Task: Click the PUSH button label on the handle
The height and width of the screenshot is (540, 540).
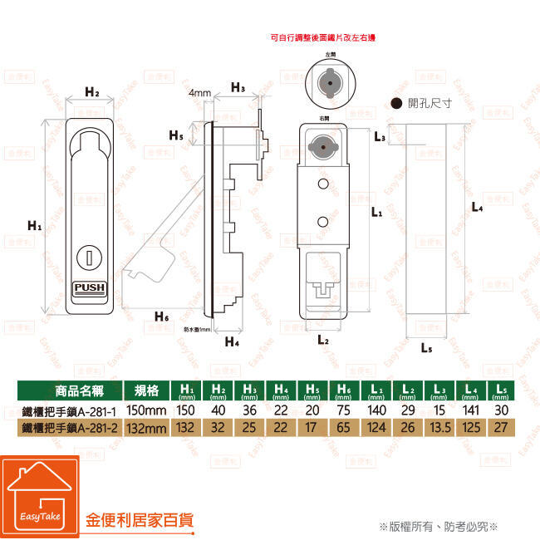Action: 90,288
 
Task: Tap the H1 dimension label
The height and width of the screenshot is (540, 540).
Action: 34,225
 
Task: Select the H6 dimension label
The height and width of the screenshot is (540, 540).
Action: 162,317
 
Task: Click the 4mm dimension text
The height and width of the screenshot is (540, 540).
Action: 199,92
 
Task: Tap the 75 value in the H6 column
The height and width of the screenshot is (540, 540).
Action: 341,410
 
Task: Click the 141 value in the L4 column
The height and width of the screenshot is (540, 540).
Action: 469,410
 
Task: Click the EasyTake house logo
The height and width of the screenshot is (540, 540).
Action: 39,496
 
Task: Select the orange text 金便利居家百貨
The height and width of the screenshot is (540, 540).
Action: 140,521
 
